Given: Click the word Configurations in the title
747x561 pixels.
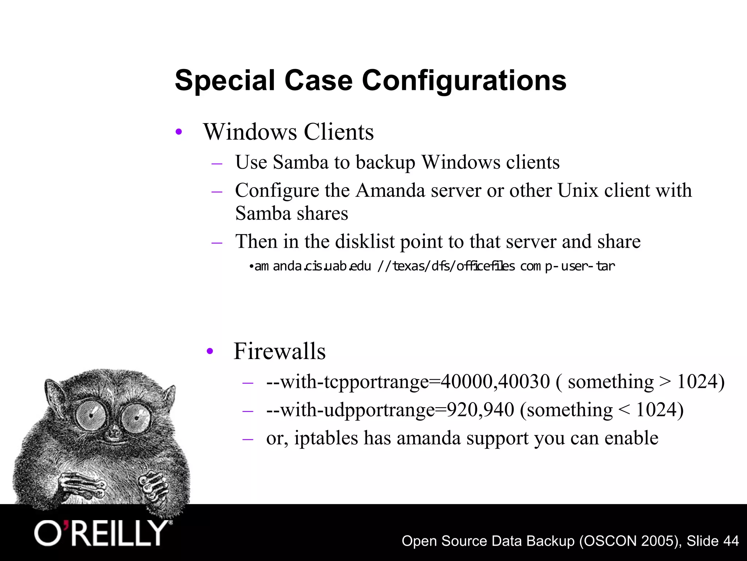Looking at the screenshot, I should (464, 81).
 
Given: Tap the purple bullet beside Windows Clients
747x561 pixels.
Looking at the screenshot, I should (178, 132).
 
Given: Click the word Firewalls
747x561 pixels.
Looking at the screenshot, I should (279, 351).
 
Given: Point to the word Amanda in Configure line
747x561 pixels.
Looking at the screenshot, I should (390, 190).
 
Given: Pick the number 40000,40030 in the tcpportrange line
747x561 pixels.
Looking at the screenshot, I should (495, 382).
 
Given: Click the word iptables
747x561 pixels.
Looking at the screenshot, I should (326, 438).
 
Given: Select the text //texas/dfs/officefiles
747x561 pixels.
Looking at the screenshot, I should (446, 266).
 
